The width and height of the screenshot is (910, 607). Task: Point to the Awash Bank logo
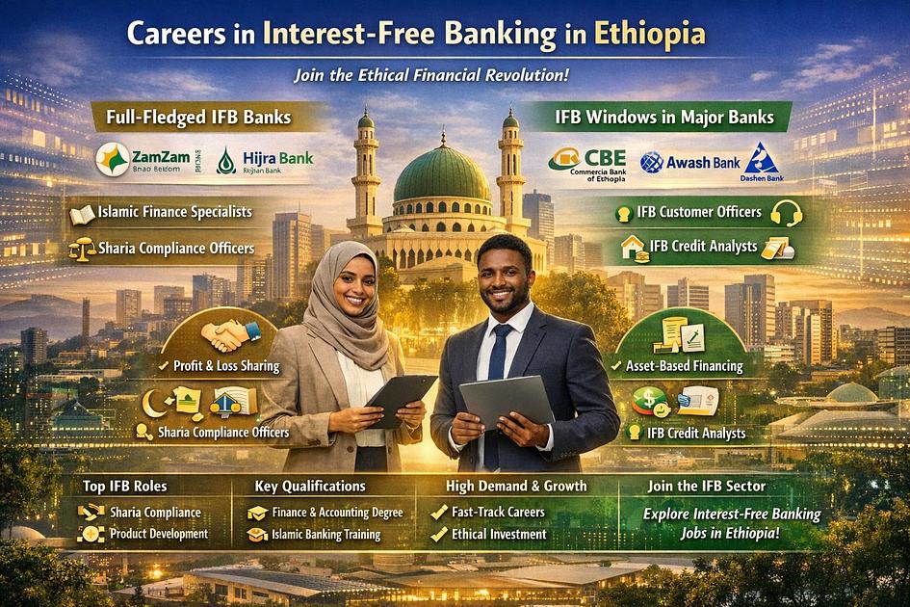pos(691,162)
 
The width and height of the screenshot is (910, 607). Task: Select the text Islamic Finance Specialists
pos(174,212)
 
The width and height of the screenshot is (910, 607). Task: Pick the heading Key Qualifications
pos(309,486)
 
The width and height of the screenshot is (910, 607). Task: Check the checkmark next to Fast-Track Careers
pos(439,513)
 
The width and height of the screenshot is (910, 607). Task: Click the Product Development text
pos(159,534)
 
